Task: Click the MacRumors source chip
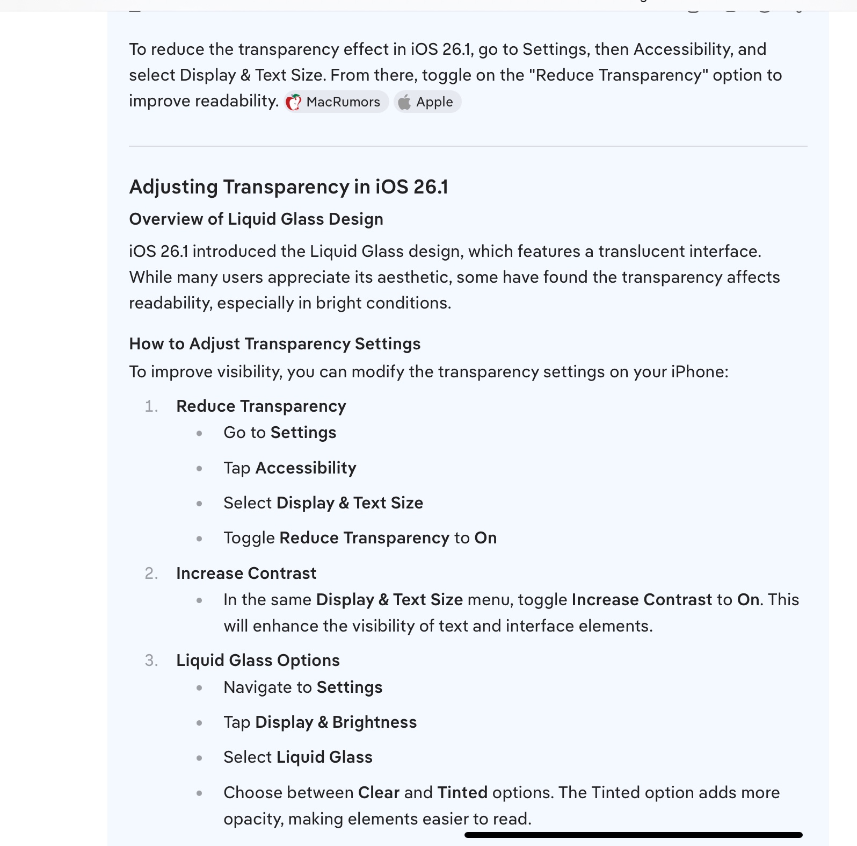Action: [x=336, y=102]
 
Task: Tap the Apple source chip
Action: [x=427, y=102]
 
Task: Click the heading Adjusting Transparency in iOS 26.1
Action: [x=288, y=187]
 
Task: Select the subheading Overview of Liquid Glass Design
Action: [x=256, y=219]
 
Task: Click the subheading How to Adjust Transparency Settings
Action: [x=274, y=344]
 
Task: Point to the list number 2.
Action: [x=151, y=573]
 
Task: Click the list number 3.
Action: [x=151, y=661]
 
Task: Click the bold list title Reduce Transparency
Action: [x=261, y=406]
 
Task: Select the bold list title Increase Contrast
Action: [x=246, y=573]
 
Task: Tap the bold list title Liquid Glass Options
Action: [x=258, y=661]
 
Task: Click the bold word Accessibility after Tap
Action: [x=306, y=468]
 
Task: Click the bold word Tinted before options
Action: [x=462, y=793]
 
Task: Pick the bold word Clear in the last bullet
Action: [x=379, y=793]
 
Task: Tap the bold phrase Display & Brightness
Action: [x=336, y=722]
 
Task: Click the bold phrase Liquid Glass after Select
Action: [x=324, y=757]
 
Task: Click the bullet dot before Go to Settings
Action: [x=200, y=433]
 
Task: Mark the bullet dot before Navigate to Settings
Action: [x=200, y=688]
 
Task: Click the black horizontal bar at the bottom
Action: [x=633, y=835]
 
